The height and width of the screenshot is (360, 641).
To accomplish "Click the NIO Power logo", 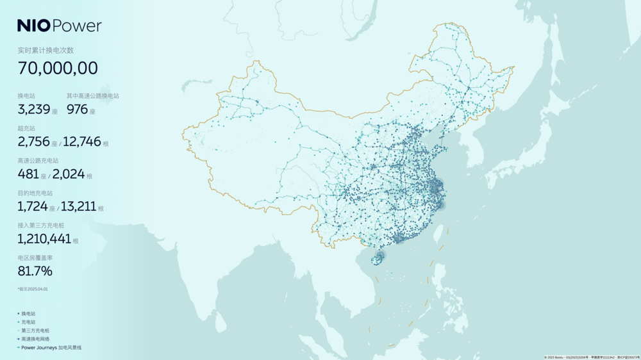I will point(59,26).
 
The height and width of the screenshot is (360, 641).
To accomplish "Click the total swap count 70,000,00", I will point(58,69).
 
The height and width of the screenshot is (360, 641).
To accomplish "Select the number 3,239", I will point(34,110).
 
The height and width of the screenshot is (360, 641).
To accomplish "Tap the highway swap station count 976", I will point(77,110).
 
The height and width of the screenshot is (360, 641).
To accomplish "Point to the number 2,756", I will point(34,142).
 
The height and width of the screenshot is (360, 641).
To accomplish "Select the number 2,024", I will point(69,174).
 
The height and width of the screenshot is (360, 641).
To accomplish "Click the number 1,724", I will point(33,206).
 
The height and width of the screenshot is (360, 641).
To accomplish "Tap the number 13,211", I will point(78,206).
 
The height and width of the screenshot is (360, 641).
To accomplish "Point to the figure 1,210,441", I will point(44,239).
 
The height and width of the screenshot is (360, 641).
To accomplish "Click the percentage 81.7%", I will point(35,272).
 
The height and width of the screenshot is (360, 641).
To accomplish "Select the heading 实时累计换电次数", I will point(46,50).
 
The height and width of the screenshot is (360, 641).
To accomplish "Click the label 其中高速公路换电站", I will point(93,96).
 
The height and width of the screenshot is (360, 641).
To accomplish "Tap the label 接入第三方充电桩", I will point(41,225).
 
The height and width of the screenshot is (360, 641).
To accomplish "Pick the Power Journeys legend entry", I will point(51,348).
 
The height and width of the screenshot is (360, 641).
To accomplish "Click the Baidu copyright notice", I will point(592,357).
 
